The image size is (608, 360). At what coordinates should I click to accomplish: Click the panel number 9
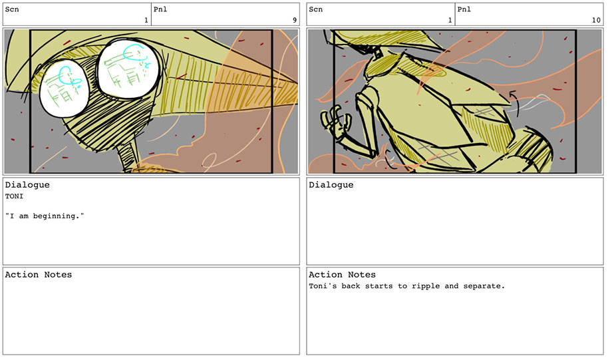(x=295, y=20)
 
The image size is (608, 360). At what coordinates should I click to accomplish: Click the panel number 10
(x=597, y=20)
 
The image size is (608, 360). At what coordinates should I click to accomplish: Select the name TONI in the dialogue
(x=15, y=196)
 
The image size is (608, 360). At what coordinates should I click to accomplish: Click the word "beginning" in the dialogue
(x=57, y=216)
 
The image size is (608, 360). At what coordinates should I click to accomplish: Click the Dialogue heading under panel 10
(x=331, y=185)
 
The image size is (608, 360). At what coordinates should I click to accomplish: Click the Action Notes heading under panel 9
(x=39, y=275)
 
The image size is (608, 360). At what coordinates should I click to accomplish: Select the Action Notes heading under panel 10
(x=342, y=275)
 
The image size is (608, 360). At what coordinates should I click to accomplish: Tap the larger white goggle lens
(x=128, y=69)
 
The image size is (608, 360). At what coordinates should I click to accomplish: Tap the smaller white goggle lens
(x=65, y=89)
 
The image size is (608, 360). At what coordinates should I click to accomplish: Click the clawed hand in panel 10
(x=333, y=120)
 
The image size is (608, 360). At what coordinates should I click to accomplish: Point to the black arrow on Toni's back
(x=514, y=99)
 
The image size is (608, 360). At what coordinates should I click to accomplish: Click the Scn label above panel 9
(x=12, y=9)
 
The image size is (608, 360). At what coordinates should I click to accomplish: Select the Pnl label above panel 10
(x=464, y=9)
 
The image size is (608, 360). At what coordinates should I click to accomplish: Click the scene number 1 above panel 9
(x=146, y=20)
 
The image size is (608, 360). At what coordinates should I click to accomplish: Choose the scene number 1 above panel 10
(x=450, y=20)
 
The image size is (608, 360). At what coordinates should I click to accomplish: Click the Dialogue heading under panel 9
(x=27, y=185)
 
